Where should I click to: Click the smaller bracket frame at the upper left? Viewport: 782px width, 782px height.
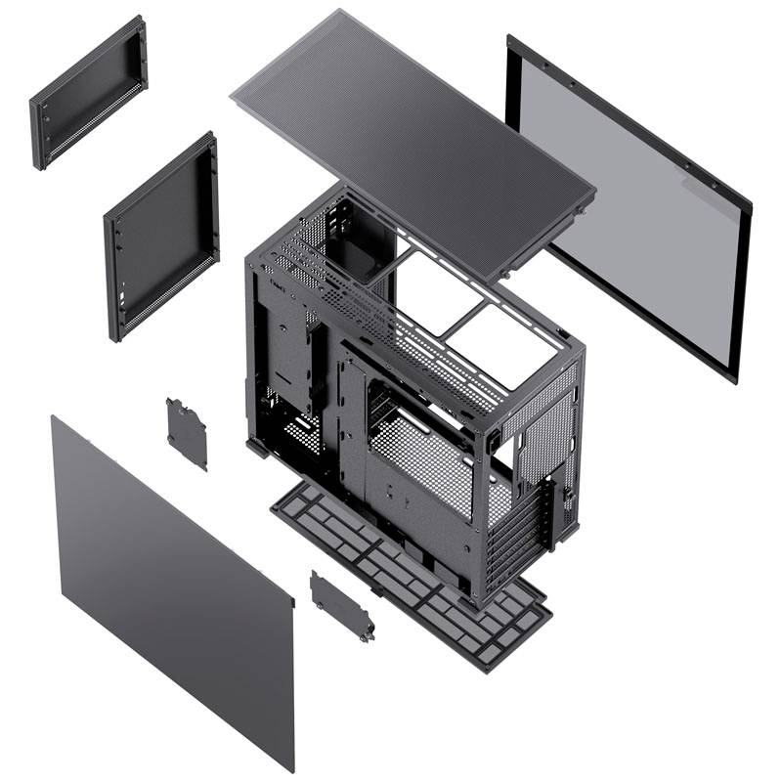88,93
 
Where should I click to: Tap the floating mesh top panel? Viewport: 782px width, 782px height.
411,137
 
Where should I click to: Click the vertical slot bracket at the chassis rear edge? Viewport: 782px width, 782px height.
561,508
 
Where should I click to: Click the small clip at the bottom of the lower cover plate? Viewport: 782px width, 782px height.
367,636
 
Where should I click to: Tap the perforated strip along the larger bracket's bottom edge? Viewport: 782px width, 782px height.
166,298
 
